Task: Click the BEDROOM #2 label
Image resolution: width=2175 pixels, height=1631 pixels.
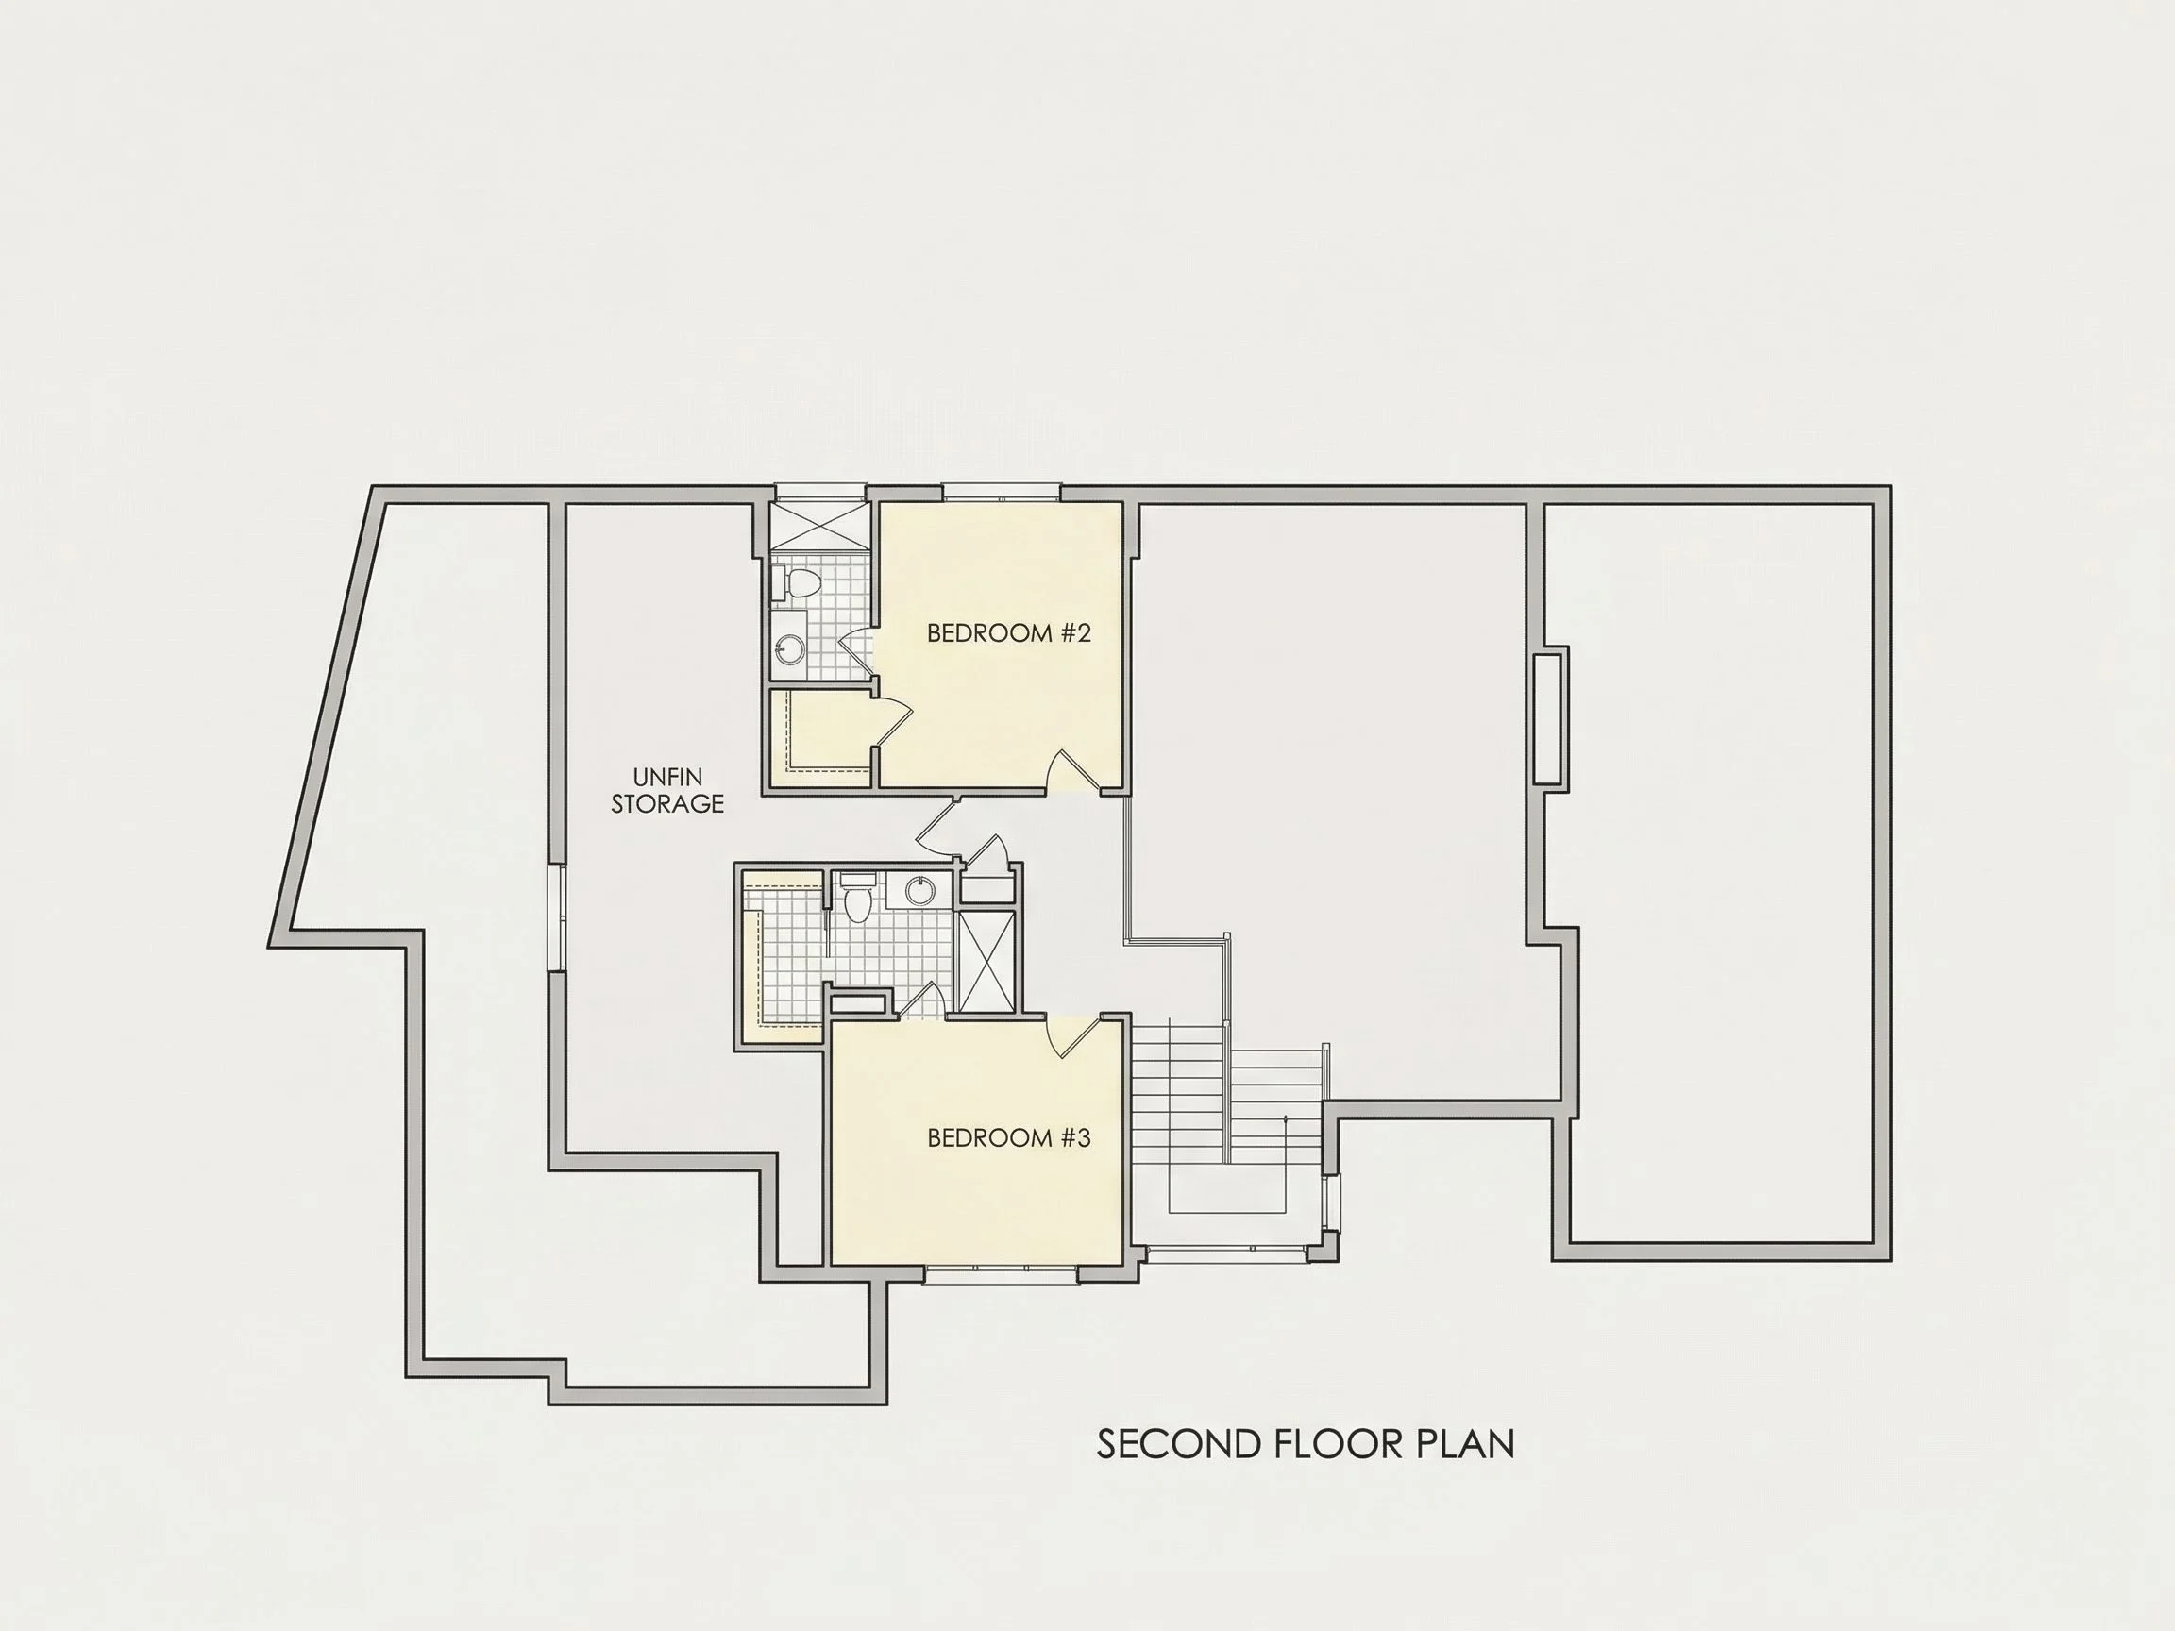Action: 1009,633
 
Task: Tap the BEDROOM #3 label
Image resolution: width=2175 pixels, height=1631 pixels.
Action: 1009,1138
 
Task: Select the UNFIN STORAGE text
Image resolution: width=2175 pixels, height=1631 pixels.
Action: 667,790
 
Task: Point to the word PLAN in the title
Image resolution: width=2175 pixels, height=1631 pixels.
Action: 1466,1444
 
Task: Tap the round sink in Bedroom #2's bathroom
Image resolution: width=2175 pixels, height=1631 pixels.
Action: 789,646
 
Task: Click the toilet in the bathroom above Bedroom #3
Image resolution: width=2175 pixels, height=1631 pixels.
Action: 856,898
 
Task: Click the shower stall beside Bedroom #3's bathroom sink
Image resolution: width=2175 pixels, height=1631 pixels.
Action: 987,961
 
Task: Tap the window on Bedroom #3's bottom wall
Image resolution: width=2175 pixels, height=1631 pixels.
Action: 1002,1274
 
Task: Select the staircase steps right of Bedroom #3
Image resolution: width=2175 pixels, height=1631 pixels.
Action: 1229,1101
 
